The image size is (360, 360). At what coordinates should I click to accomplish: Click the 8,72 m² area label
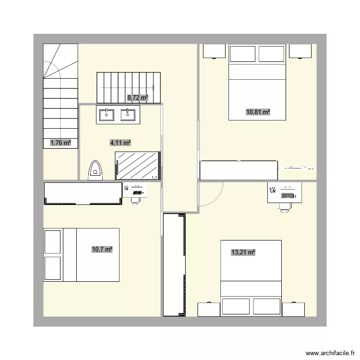click(137, 97)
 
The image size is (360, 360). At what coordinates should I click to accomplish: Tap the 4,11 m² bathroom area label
click(120, 143)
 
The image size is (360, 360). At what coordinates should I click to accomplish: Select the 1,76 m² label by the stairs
click(60, 143)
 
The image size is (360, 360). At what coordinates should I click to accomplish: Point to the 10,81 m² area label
click(258, 112)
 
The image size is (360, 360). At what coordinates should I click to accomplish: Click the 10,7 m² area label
click(102, 249)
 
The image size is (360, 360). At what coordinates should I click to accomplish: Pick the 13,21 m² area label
click(243, 252)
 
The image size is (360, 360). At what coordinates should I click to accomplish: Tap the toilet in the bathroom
click(96, 171)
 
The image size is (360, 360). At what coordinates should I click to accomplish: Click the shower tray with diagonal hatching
click(138, 166)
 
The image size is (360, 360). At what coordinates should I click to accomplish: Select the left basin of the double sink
click(106, 114)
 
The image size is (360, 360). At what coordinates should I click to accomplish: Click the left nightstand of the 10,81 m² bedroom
click(214, 50)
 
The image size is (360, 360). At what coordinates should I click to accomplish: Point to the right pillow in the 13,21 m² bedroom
click(266, 306)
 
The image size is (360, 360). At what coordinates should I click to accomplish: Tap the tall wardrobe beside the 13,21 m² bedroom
click(174, 264)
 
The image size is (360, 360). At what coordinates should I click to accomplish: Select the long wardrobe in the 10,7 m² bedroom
click(83, 193)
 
